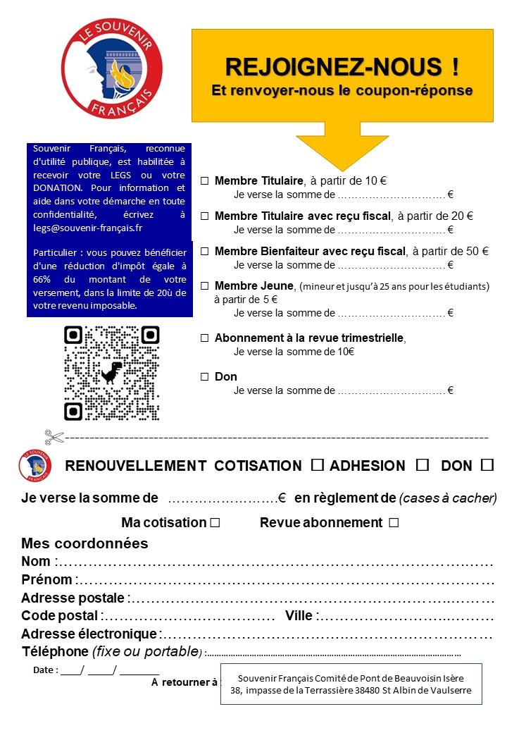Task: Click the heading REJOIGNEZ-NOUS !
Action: [x=342, y=67]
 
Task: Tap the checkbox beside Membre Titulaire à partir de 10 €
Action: [x=205, y=181]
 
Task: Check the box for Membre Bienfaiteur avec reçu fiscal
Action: [x=205, y=252]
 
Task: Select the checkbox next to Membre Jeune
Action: [x=205, y=286]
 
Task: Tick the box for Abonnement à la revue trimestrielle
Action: [x=205, y=338]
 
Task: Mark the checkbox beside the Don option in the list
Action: [x=205, y=377]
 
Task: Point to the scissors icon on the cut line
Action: [x=54, y=438]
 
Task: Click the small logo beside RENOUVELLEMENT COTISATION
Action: [x=35, y=465]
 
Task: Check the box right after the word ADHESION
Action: [x=423, y=465]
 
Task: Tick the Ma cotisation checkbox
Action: [x=215, y=523]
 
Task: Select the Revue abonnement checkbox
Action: [x=394, y=523]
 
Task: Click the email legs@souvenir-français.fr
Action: [x=88, y=228]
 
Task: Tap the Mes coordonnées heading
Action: [x=84, y=543]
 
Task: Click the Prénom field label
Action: [x=46, y=580]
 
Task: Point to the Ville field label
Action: [x=299, y=616]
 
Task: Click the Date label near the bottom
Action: [x=43, y=670]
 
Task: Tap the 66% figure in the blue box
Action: [x=44, y=279]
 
